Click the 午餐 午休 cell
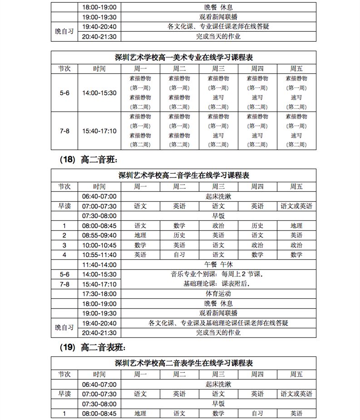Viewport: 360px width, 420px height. click(x=218, y=264)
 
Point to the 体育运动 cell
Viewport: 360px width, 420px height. click(x=218, y=293)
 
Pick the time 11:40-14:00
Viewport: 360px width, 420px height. click(x=99, y=264)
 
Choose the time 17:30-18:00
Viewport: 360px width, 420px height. click(x=99, y=293)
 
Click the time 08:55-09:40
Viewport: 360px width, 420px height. click(x=99, y=235)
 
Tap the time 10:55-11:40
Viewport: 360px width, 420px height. click(x=99, y=254)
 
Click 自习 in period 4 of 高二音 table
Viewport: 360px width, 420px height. click(x=179, y=254)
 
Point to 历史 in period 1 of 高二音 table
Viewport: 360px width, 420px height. click(x=257, y=225)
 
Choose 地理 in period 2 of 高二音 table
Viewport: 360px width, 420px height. click(x=140, y=235)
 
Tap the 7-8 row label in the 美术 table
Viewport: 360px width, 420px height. click(x=64, y=131)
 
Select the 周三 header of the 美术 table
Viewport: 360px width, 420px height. click(x=218, y=68)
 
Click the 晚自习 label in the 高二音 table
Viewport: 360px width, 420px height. click(x=64, y=327)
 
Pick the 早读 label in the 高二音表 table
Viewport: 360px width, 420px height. click(x=64, y=394)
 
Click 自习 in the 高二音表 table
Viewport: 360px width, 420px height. click(x=257, y=413)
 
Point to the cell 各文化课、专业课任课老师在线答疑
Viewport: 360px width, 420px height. click(x=218, y=26)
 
